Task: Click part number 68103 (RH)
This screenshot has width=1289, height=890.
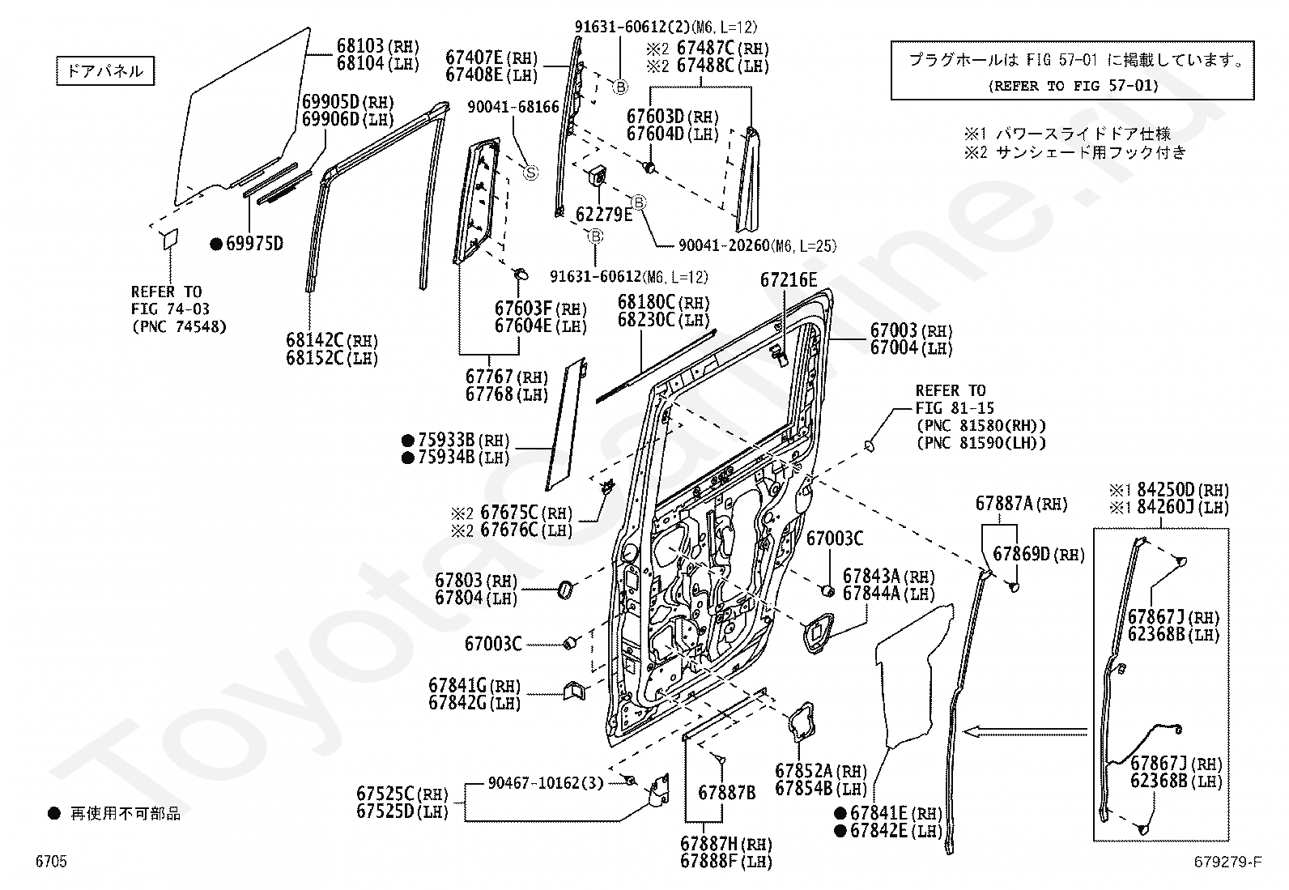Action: click(x=377, y=45)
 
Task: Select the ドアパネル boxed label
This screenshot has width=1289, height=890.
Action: click(x=105, y=70)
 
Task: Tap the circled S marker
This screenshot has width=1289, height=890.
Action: click(x=530, y=172)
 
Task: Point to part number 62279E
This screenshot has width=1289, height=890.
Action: click(x=604, y=214)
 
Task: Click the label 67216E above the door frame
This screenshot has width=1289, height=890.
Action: click(x=789, y=279)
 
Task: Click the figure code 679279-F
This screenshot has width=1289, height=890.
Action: click(x=1228, y=861)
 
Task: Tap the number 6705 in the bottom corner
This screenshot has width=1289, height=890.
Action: click(x=51, y=861)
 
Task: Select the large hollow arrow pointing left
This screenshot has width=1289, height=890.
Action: click(x=1025, y=732)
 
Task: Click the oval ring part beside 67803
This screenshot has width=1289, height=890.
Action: click(x=566, y=590)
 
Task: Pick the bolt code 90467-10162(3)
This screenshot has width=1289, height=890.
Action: click(x=546, y=783)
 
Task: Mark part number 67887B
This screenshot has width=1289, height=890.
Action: click(x=727, y=793)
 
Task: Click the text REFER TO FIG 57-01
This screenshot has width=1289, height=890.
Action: click(x=1073, y=86)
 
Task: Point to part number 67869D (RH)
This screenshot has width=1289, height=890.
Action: click(x=1039, y=554)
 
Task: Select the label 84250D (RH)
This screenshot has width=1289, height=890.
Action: click(x=1183, y=490)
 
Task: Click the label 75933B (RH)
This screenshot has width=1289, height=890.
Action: click(x=463, y=440)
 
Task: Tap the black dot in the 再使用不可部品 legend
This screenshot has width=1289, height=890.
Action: click(x=54, y=813)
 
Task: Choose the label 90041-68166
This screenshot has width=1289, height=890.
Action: click(x=513, y=107)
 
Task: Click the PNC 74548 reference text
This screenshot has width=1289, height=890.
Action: click(x=180, y=327)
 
